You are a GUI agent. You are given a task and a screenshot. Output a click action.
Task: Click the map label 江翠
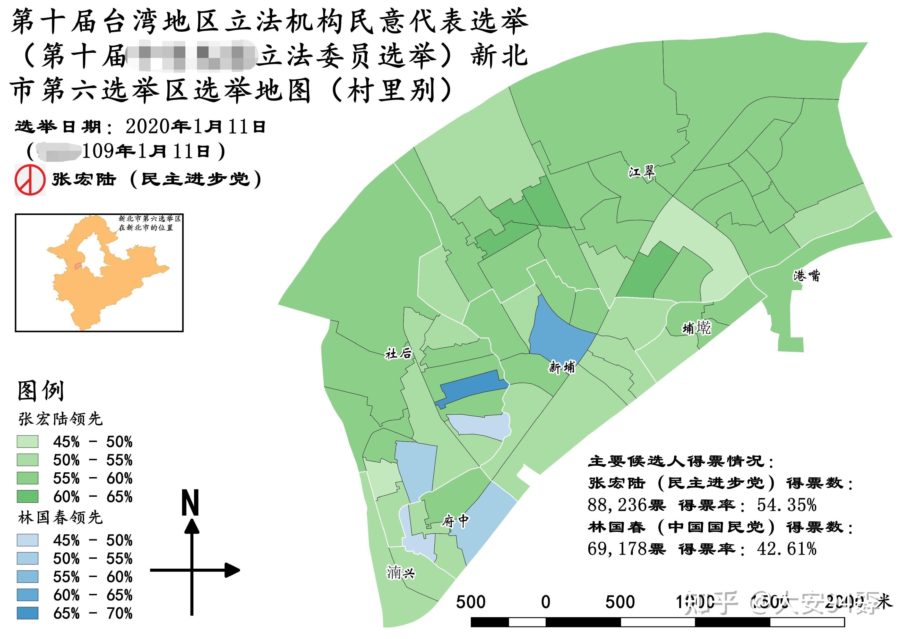(x=641, y=172)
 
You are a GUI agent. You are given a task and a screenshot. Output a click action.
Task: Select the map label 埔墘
(x=697, y=327)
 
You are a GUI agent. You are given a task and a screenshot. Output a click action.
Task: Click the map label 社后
(x=398, y=353)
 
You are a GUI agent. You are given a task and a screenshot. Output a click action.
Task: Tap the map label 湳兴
(x=401, y=573)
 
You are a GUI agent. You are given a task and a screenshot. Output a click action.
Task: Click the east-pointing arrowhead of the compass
(x=232, y=570)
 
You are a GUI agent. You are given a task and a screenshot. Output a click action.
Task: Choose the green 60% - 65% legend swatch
(x=28, y=497)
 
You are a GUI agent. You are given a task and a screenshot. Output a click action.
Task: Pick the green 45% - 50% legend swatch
(x=28, y=441)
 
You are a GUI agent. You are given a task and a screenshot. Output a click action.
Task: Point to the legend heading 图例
(x=40, y=391)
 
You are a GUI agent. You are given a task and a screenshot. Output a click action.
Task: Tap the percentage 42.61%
(x=787, y=549)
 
